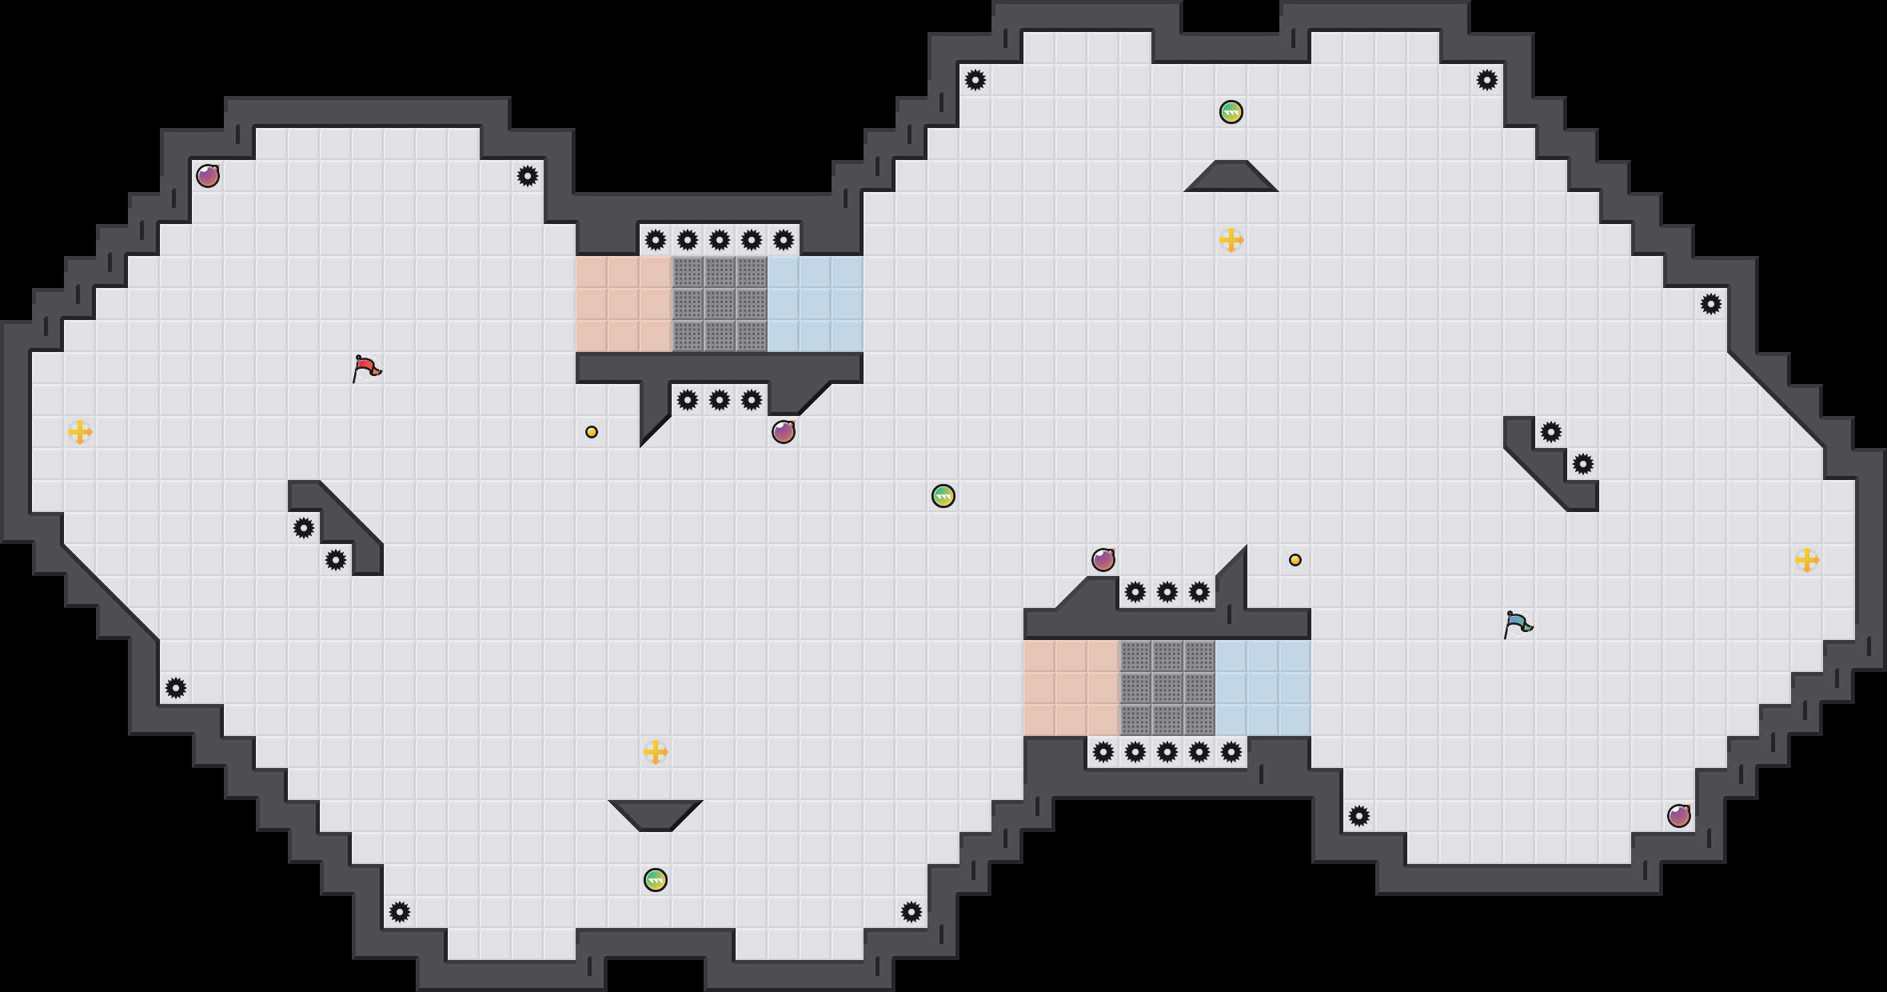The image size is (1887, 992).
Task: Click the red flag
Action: click(366, 368)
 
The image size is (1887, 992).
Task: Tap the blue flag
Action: click(1517, 624)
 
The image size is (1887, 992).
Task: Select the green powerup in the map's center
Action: click(943, 496)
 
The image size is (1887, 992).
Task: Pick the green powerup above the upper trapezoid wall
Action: click(1231, 112)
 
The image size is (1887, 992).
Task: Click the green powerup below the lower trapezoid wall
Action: click(656, 880)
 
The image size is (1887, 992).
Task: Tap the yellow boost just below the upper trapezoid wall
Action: click(1231, 240)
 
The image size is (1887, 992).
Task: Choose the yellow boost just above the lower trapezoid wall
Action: click(656, 752)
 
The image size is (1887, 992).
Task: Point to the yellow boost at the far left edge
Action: click(80, 432)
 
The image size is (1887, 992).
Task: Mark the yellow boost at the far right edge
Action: click(1807, 560)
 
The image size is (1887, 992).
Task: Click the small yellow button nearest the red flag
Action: click(592, 432)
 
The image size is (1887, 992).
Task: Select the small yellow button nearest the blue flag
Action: click(1295, 560)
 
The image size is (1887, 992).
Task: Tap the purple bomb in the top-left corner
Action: click(208, 176)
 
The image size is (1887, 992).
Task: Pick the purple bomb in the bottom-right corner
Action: click(1679, 816)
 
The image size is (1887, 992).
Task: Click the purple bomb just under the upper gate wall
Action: click(784, 432)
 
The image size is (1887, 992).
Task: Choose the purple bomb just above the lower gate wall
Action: click(1103, 560)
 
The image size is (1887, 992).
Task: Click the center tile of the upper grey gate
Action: click(720, 304)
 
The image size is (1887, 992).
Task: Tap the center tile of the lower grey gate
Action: click(1167, 688)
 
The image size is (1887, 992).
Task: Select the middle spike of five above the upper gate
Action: click(720, 240)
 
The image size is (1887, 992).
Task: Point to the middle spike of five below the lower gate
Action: click(1167, 752)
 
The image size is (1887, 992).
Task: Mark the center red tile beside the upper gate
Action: click(624, 304)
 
